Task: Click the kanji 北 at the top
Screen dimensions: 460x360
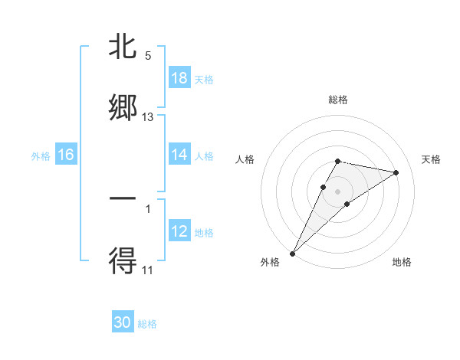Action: pos(123,47)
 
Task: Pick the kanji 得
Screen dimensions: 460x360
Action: pos(123,260)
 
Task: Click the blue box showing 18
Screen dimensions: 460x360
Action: pos(179,78)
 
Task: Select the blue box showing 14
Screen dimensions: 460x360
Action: pos(179,155)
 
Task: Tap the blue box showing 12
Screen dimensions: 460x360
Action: pos(179,231)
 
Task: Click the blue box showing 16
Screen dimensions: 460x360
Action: pos(66,155)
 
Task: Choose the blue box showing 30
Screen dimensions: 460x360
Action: pos(123,322)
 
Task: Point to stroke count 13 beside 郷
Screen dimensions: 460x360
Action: pos(148,117)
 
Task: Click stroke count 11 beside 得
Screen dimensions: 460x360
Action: pos(148,270)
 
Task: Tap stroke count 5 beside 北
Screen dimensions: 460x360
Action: pos(148,55)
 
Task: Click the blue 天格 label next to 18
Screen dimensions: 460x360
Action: pos(204,79)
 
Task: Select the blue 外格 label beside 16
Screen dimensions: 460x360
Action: pos(41,155)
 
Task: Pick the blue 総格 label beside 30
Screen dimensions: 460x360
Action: pos(147,323)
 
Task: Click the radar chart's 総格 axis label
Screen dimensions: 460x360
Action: pos(338,100)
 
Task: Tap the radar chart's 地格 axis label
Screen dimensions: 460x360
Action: pos(402,262)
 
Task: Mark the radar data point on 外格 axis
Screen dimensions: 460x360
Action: pos(293,253)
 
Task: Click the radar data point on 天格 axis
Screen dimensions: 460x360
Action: pos(396,172)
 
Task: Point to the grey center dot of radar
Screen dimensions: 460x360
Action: pos(338,191)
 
